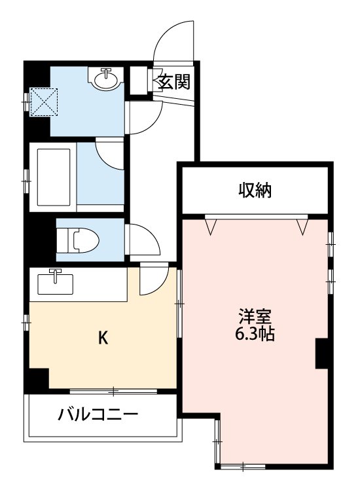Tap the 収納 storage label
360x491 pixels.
255,191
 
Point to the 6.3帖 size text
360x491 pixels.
255,335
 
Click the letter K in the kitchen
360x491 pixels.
103,338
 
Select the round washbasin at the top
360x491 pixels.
106,80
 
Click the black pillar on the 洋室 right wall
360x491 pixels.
322,354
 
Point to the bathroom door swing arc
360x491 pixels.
108,156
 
